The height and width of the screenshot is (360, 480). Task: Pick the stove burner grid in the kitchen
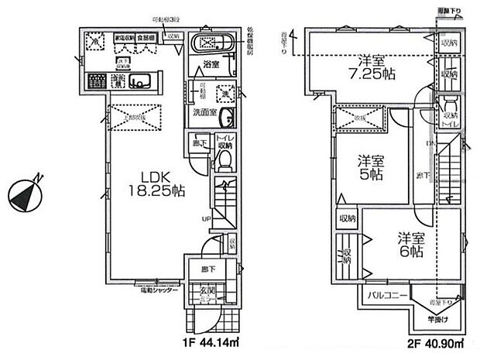pos(97,80)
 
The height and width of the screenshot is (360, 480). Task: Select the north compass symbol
pos(27,192)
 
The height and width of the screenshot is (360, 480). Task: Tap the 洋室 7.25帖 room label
pos(372,66)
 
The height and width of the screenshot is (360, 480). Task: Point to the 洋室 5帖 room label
pos(372,167)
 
